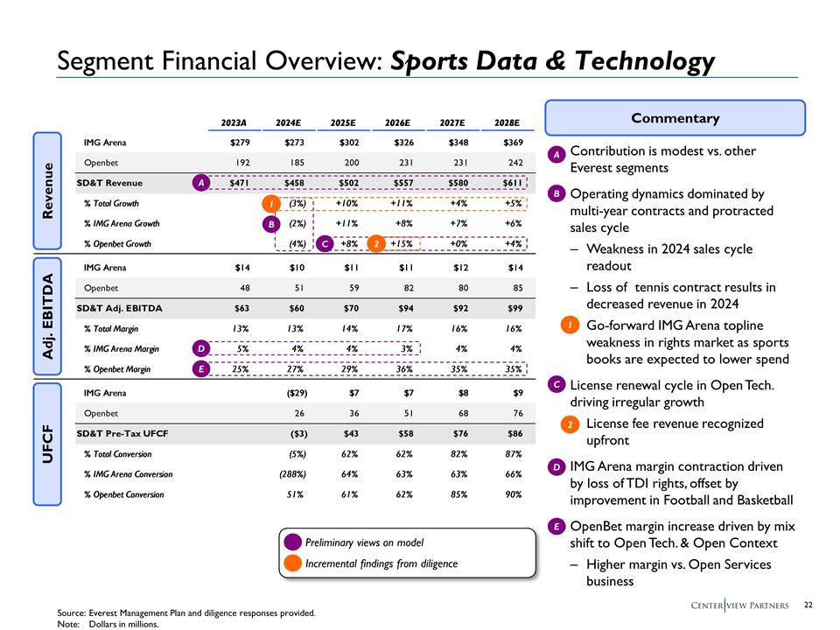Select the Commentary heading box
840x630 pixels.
[675, 118]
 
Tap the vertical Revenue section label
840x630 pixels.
[48, 191]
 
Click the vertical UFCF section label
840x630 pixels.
[48, 444]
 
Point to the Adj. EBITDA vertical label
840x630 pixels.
[48, 318]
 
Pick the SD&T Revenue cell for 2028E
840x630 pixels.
[507, 183]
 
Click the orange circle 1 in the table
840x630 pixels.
[272, 204]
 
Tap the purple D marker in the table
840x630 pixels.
[201, 349]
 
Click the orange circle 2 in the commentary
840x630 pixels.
[570, 423]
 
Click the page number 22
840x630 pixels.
[809, 605]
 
